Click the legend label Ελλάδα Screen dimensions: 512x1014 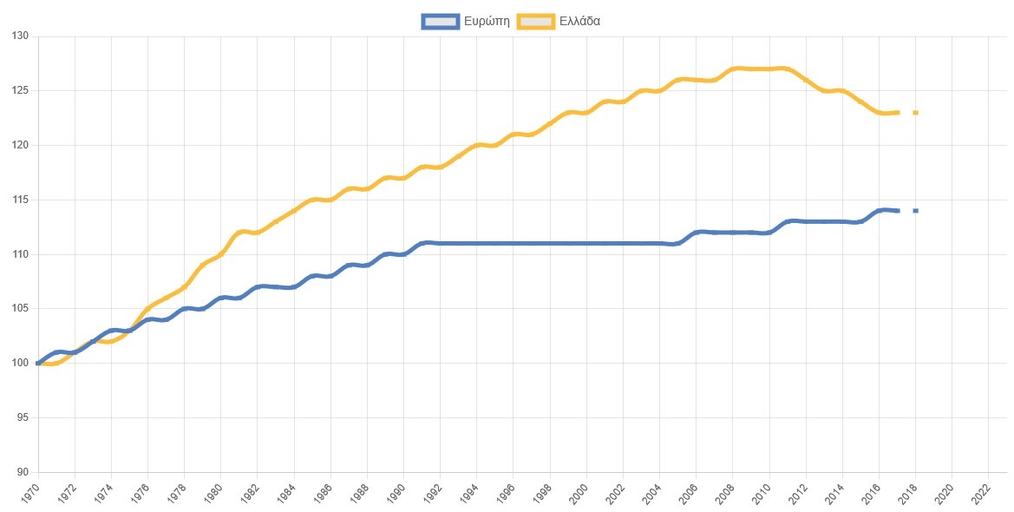pos(579,21)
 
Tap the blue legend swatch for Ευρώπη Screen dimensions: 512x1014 pos(440,21)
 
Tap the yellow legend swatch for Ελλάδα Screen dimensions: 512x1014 pos(536,21)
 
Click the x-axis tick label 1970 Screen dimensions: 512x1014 pos(31,492)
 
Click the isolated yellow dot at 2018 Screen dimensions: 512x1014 pos(915,113)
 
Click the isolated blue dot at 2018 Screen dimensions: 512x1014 pos(915,211)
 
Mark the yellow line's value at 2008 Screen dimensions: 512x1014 pos(733,69)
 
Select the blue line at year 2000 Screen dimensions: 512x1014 pos(586,244)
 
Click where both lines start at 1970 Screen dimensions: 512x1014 pos(38,364)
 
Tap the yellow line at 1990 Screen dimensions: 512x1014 pos(403,178)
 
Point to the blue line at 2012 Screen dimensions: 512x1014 pos(806,222)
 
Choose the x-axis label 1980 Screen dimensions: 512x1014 pos(213,492)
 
